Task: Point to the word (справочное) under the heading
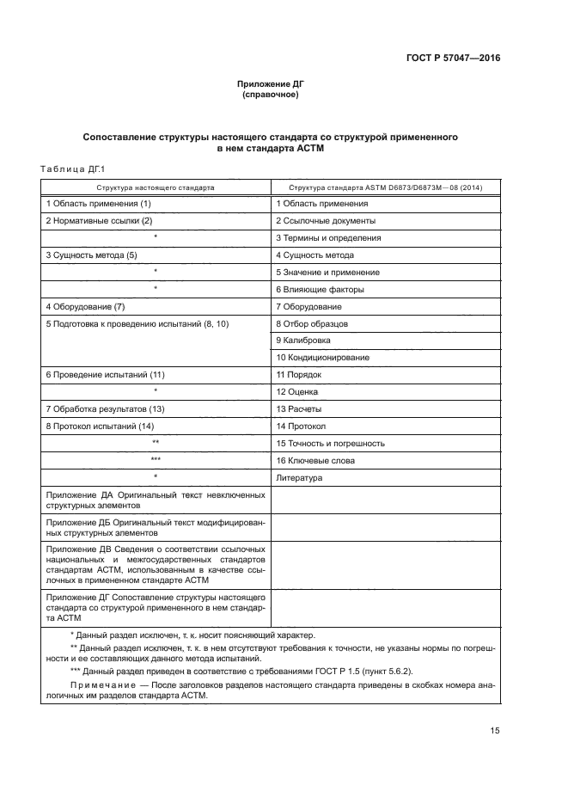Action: (x=271, y=95)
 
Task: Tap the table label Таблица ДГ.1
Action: (x=71, y=169)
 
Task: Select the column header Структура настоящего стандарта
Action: (x=156, y=187)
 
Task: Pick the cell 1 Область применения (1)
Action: (x=99, y=204)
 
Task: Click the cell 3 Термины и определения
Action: (x=328, y=238)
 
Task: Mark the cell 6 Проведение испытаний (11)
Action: (x=105, y=375)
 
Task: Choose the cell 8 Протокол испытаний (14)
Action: (x=100, y=426)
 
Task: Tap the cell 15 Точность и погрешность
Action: (x=330, y=443)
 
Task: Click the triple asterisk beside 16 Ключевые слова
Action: (x=156, y=460)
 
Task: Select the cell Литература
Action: (x=298, y=476)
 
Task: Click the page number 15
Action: (x=494, y=731)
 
